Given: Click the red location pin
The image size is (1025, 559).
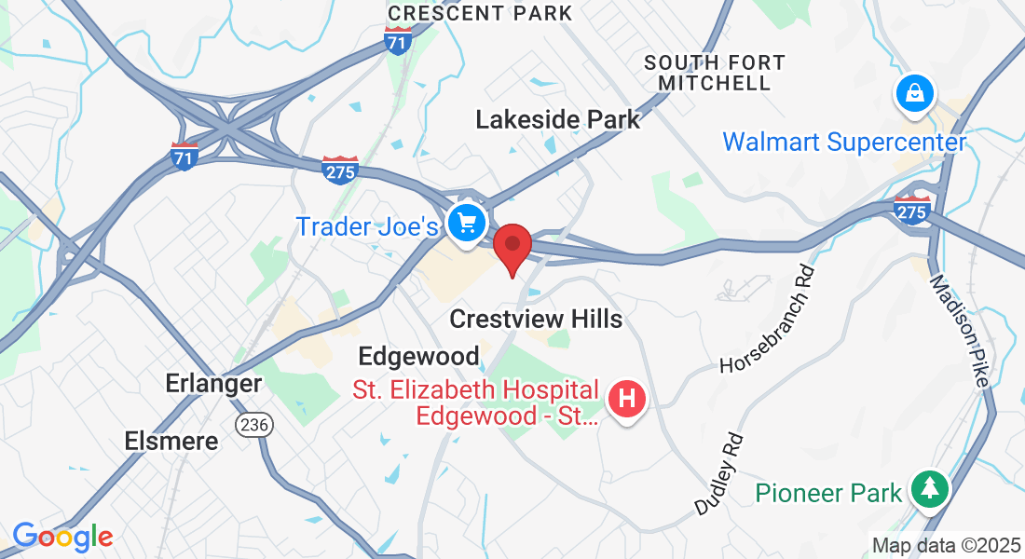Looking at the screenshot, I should coord(512,246).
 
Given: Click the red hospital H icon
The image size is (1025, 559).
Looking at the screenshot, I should coord(627,400).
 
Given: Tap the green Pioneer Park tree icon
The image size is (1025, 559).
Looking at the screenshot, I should coord(929,487).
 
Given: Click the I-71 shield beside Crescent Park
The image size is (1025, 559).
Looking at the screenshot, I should coord(398,40).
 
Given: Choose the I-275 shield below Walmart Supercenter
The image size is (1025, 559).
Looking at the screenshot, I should coord(911,210).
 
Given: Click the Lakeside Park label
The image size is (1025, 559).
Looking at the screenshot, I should coord(558,119).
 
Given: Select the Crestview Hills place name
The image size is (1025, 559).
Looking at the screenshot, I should coord(536,319).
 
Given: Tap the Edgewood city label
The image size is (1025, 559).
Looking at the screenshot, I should coord(418,355).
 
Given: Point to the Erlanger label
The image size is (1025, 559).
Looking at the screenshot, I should coord(213,383).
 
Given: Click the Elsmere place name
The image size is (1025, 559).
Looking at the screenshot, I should coord(171,441).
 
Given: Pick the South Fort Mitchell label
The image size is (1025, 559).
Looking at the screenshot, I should coord(715,73).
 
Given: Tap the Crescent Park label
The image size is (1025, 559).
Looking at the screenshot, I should coord(480,13).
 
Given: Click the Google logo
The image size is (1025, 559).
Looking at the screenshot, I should coord(62,537).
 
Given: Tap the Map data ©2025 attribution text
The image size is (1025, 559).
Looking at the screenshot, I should coord(945,545).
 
